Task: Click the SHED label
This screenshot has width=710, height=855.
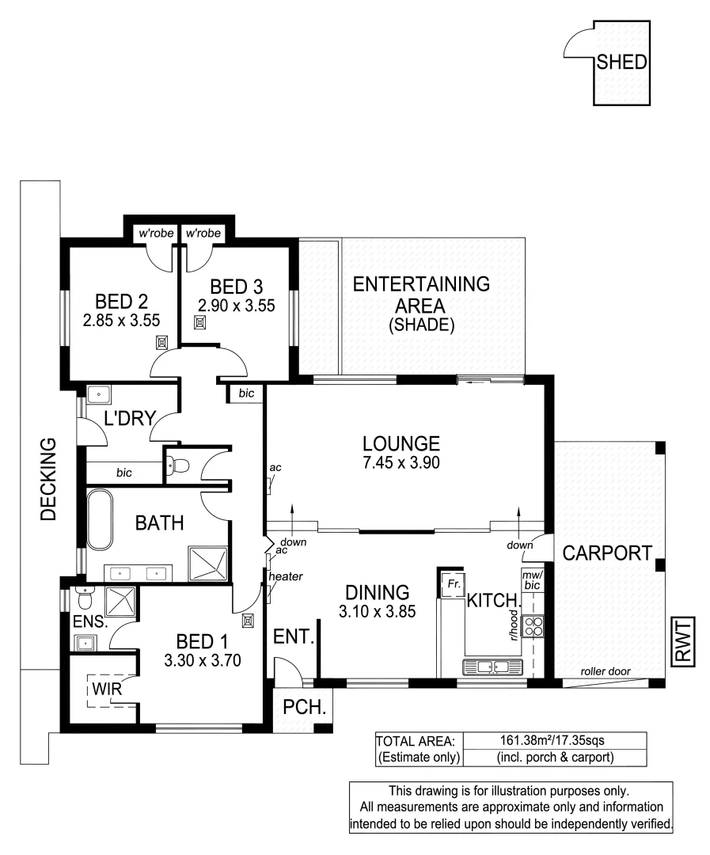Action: tap(621, 63)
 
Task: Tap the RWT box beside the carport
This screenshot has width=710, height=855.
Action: tap(682, 641)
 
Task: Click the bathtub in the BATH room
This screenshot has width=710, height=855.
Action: tap(101, 520)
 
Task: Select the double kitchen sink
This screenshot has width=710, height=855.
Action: tap(492, 667)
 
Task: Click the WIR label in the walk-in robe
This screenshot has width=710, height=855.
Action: tap(106, 689)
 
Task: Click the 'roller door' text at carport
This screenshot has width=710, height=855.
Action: tap(606, 671)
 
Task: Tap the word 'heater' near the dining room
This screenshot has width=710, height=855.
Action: tap(286, 576)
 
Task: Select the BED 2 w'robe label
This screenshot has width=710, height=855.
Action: tap(155, 234)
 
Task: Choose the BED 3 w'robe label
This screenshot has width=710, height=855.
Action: tap(203, 234)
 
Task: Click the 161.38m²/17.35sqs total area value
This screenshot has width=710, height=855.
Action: tap(556, 741)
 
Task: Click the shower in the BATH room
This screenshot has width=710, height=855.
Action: tap(209, 563)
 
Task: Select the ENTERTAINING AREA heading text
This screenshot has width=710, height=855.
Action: tap(421, 294)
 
